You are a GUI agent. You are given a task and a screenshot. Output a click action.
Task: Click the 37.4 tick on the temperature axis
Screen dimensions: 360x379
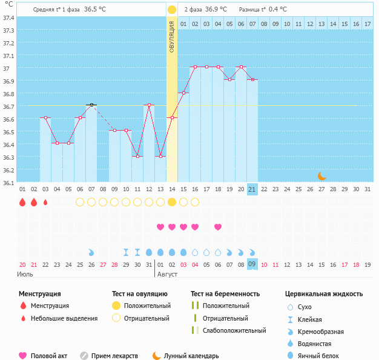(8, 18)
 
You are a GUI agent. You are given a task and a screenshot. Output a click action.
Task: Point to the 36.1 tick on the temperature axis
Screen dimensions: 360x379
(8, 182)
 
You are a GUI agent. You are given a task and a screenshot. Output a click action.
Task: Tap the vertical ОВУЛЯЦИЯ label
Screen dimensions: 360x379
(172, 36)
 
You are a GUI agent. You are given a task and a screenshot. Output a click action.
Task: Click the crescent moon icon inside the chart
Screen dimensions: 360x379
(322, 175)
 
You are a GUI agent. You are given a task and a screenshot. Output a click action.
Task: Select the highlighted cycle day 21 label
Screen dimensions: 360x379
(252, 189)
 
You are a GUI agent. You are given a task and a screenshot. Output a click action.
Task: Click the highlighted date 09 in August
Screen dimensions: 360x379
(252, 264)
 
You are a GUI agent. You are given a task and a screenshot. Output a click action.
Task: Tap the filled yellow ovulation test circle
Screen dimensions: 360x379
(172, 202)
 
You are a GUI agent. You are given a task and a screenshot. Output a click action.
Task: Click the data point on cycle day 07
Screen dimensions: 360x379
(91, 105)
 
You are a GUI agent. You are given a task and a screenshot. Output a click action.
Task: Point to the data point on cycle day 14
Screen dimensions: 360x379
(172, 117)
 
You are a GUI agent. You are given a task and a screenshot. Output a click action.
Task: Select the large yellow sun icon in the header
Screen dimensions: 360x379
(172, 10)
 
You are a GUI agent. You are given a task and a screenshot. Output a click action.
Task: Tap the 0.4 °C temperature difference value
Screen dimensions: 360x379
(278, 10)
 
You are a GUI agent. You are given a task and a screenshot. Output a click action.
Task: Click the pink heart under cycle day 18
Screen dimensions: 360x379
(218, 227)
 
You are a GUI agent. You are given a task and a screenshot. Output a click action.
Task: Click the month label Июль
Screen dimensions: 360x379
(25, 274)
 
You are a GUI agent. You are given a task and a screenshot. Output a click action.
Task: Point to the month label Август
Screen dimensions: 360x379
(167, 274)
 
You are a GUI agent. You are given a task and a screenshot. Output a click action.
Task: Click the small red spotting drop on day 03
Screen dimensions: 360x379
(45, 202)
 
